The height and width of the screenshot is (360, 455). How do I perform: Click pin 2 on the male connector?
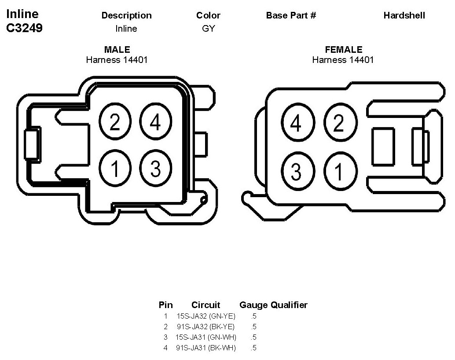point(114,122)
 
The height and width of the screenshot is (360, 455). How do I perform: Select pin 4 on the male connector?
point(155,122)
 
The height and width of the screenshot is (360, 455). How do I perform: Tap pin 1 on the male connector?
point(114,168)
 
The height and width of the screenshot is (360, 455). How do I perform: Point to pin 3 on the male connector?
point(155,168)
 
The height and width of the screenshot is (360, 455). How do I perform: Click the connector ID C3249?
point(24,28)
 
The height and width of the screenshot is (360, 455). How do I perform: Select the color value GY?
point(209,29)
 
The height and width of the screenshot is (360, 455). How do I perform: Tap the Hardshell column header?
point(404,15)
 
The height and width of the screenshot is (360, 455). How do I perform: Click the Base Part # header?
point(291,15)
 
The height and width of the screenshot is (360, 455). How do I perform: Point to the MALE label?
point(117,50)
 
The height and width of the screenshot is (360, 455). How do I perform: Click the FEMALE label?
point(343,50)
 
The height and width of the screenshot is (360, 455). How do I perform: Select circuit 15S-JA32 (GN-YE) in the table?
point(206,316)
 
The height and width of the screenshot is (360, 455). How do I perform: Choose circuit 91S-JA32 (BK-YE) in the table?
point(205,327)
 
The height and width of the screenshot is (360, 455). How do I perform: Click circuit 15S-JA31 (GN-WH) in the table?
point(206,337)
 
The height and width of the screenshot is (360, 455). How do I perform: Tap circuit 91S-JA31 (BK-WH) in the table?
point(205,348)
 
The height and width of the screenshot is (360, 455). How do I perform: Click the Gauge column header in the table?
point(253,305)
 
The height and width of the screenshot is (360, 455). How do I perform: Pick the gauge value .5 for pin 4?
point(253,348)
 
